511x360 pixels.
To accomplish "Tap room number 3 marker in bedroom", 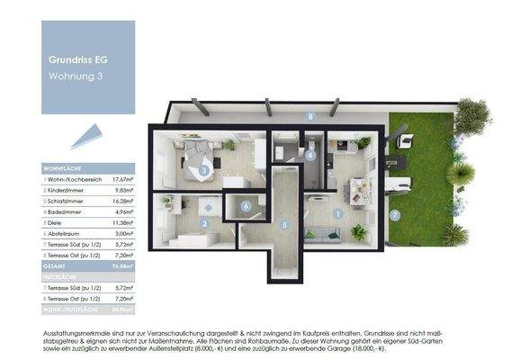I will [205, 169].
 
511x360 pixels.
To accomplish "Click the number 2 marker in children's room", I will [206, 223].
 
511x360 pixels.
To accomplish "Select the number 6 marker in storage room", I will [247, 206].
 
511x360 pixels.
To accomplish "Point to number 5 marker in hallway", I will [284, 224].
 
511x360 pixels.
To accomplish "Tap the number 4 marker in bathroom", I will [310, 155].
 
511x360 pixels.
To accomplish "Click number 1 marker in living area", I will [337, 213].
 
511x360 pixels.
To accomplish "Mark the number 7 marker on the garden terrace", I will [394, 214].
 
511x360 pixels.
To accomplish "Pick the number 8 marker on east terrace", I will [309, 116].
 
